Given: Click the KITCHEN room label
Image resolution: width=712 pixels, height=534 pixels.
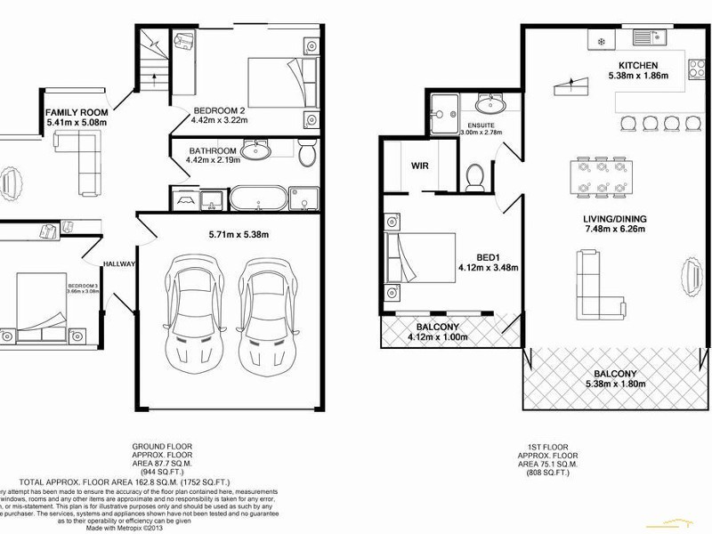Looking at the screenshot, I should pos(639,65).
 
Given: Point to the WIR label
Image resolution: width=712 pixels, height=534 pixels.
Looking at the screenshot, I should pos(420,166).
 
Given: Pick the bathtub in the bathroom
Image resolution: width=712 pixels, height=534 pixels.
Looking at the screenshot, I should pos(258,198).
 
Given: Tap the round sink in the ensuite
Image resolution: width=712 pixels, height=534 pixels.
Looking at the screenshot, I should pos(489,104).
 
